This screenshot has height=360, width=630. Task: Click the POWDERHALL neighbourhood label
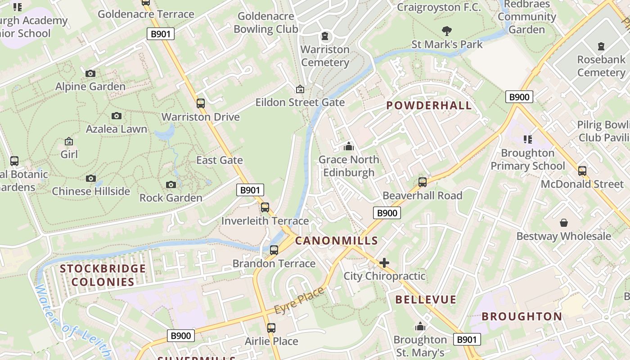(x=429, y=106)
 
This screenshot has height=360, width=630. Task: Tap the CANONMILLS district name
(x=336, y=241)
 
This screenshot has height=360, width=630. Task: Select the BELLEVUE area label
(x=426, y=300)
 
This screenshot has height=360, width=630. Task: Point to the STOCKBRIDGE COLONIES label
(x=103, y=275)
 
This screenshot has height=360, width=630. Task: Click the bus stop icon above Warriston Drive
(x=201, y=103)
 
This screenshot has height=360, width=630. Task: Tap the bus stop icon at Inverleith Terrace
(x=265, y=207)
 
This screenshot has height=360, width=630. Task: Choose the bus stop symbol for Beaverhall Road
(x=423, y=182)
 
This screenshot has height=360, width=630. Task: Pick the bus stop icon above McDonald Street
(x=582, y=171)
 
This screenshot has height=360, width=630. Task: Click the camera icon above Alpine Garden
(x=90, y=73)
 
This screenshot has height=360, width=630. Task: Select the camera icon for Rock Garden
(x=171, y=184)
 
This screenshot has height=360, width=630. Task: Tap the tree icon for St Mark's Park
(x=447, y=31)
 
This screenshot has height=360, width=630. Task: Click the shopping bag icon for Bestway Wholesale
(x=563, y=223)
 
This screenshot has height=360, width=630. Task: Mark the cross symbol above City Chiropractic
(x=384, y=263)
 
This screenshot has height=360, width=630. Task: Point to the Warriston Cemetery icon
(x=325, y=36)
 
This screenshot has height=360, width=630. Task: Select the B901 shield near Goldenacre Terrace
(x=161, y=34)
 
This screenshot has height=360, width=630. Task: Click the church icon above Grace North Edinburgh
(x=349, y=146)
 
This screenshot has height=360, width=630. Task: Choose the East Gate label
(x=219, y=160)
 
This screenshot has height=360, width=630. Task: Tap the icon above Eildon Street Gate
(x=300, y=90)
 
